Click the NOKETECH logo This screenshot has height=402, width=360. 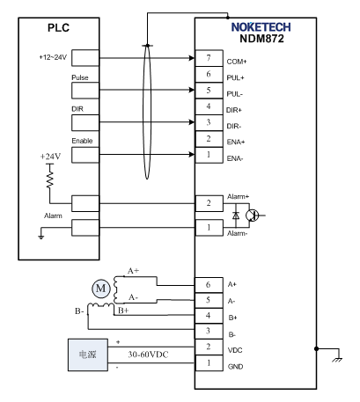[261, 27]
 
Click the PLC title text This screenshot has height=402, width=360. [58, 28]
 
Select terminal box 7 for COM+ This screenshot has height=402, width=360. [209, 58]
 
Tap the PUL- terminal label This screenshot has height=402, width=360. [235, 94]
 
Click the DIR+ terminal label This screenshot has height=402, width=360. [234, 110]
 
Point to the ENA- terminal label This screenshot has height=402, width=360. [235, 158]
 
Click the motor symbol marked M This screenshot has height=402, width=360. [101, 289]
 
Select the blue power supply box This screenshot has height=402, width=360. [88, 354]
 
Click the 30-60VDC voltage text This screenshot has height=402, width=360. [148, 354]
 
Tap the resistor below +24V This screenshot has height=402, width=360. [50, 179]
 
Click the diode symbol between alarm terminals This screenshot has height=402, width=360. [236, 216]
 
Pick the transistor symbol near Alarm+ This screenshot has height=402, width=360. [253, 216]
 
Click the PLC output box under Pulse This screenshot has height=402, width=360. [85, 91]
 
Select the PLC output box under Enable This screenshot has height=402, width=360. [85, 155]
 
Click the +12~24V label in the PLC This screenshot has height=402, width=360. [53, 57]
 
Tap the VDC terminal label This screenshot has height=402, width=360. [235, 350]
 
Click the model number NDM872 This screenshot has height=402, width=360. [261, 39]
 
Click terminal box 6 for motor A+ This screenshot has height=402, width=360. [209, 285]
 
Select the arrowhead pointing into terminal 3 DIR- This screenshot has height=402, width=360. [191, 122]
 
